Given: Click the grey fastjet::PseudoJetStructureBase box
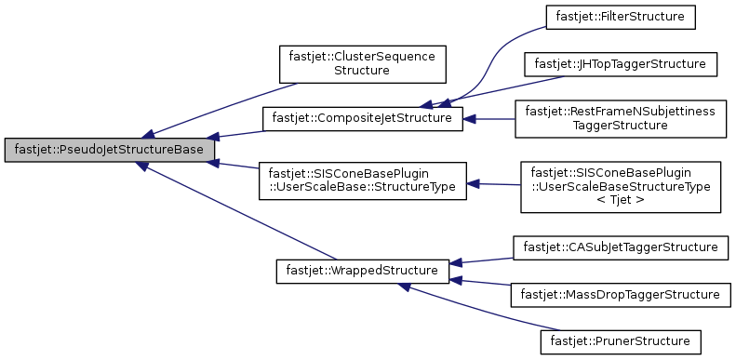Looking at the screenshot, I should pyautogui.click(x=110, y=150).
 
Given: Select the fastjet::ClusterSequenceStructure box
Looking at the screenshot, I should pyautogui.click(x=358, y=63).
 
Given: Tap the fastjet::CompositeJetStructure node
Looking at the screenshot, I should pyautogui.click(x=362, y=118).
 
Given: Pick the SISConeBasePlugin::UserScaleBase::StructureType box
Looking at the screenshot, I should pyautogui.click(x=362, y=180).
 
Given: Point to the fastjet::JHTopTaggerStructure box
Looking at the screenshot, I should pyautogui.click(x=621, y=64).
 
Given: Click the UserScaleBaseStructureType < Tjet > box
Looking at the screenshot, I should pyautogui.click(x=621, y=187).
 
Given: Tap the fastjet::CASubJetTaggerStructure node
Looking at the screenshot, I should pyautogui.click(x=620, y=247).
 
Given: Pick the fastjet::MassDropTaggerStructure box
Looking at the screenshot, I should pyautogui.click(x=621, y=294).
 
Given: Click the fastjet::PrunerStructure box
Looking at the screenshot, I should pyautogui.click(x=620, y=340).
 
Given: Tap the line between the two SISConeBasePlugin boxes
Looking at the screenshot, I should pyautogui.click(x=493, y=183).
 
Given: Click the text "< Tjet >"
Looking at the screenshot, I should pyautogui.click(x=621, y=201).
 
